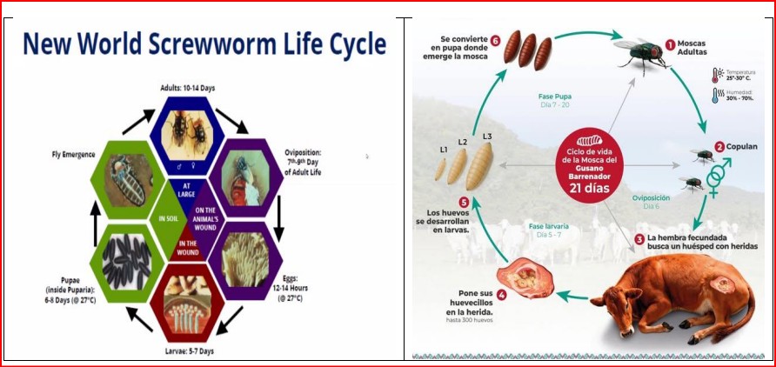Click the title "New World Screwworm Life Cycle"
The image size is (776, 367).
tap(204, 44)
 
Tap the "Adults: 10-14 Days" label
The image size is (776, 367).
tap(188, 87)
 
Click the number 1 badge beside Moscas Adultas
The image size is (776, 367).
tap(671, 43)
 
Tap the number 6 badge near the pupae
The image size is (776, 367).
tap(495, 40)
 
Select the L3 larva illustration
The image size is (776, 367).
tap(479, 164)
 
